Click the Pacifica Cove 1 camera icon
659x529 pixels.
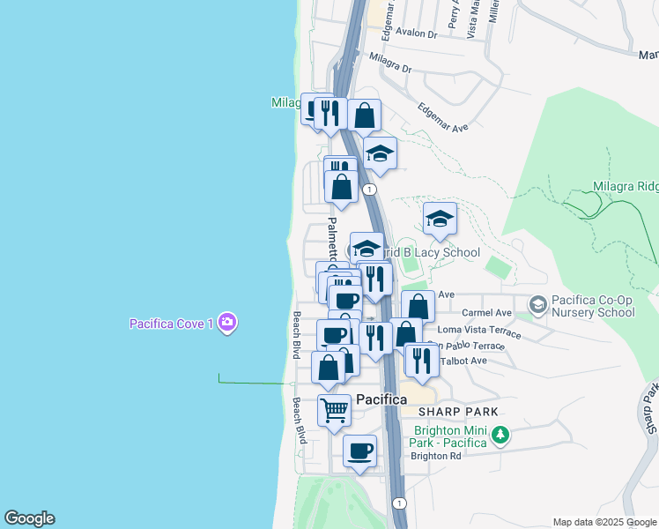(x=227, y=323)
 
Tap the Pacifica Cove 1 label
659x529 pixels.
(x=171, y=324)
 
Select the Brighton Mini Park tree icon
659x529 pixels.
(x=500, y=434)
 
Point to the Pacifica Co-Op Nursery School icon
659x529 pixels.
(x=537, y=305)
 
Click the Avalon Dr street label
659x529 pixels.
(x=417, y=34)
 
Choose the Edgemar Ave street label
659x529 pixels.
(x=443, y=115)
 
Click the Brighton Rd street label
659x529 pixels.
(x=436, y=456)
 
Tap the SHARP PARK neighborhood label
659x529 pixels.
(x=458, y=412)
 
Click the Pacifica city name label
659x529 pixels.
(x=381, y=399)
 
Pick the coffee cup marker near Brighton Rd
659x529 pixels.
(x=359, y=451)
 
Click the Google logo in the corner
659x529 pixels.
(x=29, y=518)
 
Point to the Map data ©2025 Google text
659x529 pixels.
(x=604, y=522)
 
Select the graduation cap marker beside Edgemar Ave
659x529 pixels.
(x=380, y=153)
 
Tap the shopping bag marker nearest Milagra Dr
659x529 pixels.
(x=364, y=115)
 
